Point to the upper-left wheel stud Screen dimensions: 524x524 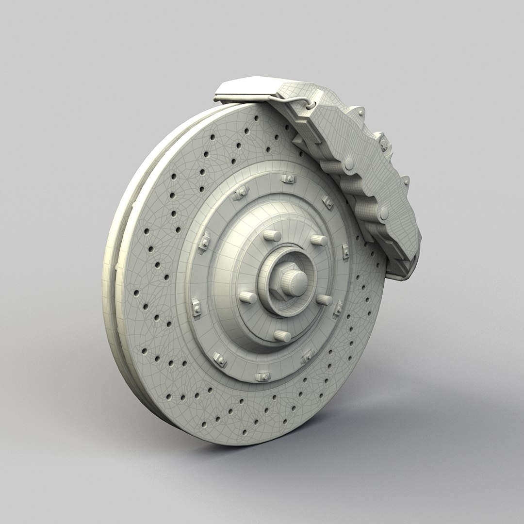pyautogui.click(x=272, y=236)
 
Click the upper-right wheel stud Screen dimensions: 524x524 pyautogui.click(x=318, y=239)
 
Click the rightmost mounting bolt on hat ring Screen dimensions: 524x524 pyautogui.click(x=345, y=250)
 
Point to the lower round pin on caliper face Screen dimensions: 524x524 pyautogui.click(x=384, y=213)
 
